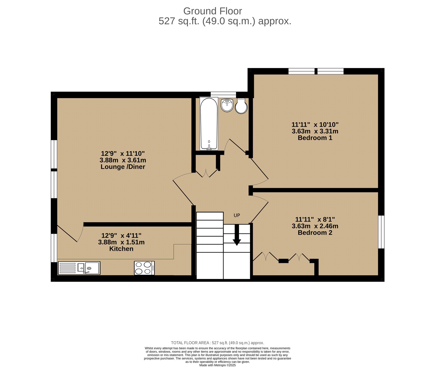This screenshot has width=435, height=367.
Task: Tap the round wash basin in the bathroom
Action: tap(227, 105)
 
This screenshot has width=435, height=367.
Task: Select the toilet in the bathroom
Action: tap(241, 106)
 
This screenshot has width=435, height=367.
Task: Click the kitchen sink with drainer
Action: tap(79, 268)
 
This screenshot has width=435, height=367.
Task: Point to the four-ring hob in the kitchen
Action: tap(144, 268)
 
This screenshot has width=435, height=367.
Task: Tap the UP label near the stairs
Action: tap(237, 215)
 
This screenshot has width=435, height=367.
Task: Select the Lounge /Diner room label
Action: tap(123, 167)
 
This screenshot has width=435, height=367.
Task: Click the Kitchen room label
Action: tap(121, 249)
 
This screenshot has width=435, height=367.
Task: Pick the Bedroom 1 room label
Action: tap(315, 138)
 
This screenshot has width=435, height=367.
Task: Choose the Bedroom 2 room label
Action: tap(315, 233)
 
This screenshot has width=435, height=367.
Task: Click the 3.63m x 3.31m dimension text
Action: tap(315, 131)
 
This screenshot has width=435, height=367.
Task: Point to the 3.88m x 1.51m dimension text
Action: tap(121, 242)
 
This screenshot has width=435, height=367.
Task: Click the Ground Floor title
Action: tap(212, 11)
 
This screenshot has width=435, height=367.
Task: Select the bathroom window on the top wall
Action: tap(223, 94)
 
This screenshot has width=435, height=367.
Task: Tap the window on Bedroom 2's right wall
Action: tap(381, 232)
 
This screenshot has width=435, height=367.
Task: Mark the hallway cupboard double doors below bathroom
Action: tap(206, 173)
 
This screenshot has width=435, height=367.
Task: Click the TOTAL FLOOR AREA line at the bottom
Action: tap(217, 343)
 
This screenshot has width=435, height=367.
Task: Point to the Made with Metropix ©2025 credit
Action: tap(217, 365)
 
